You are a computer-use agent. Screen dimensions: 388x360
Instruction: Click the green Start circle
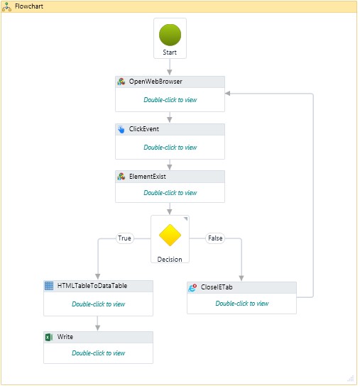[x=170, y=34]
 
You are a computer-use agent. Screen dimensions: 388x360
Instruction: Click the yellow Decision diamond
[x=170, y=235]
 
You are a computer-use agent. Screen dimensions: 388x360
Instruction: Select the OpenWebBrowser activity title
[x=156, y=82]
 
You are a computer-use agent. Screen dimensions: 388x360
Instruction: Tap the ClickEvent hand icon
[x=121, y=130]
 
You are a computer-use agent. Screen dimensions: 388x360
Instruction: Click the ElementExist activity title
[x=148, y=177]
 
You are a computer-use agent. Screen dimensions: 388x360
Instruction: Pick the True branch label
[x=124, y=238]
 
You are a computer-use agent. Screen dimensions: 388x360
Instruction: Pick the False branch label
[x=214, y=238]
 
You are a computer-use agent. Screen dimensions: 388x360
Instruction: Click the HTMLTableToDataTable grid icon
[x=49, y=286]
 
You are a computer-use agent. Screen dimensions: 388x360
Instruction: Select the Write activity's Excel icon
[x=49, y=337]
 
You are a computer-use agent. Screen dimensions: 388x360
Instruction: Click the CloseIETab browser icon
[x=192, y=287]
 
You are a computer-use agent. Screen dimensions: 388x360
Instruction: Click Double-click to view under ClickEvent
[x=170, y=148]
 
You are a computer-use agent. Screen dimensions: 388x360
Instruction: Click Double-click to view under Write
[x=98, y=353]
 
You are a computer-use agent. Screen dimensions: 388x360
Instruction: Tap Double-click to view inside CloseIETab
[x=242, y=303]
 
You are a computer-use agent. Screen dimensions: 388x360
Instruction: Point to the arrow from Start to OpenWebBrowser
[x=170, y=67]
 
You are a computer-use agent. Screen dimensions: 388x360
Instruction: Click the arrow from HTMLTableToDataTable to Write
[x=98, y=323]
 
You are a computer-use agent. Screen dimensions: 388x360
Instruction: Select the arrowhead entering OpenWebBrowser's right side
[x=228, y=93]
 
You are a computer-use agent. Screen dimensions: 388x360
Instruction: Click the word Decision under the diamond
[x=170, y=259]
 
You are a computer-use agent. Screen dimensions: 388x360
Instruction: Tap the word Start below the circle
[x=170, y=52]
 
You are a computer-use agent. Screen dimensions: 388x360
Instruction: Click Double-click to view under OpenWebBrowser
[x=170, y=100]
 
